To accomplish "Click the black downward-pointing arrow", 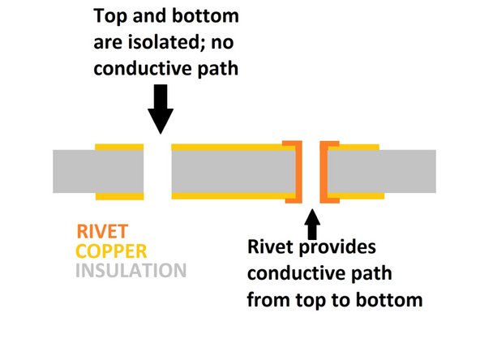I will tap(161, 109).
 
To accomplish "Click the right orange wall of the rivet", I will tap(324, 170).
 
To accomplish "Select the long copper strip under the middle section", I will tap(231, 195).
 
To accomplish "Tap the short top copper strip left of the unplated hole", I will tap(119, 147).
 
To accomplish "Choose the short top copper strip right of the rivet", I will tap(354, 147).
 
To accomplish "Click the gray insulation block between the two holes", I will tap(231, 171).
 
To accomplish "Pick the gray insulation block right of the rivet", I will tap(381, 171).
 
